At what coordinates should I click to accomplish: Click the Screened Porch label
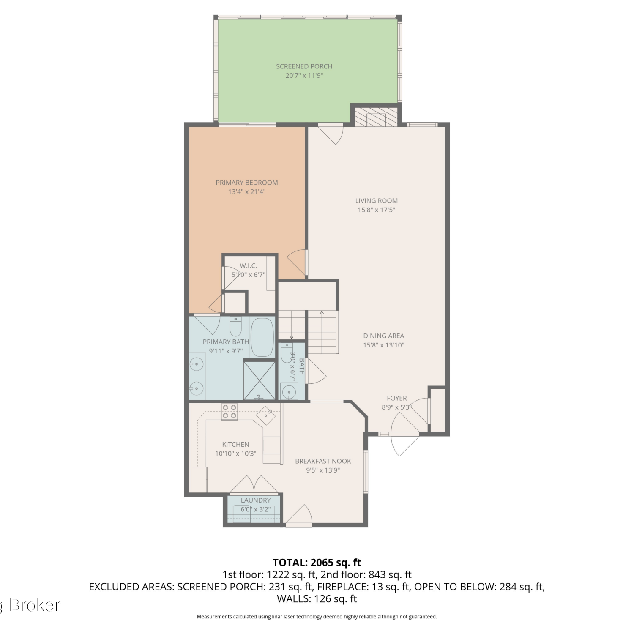click(x=304, y=66)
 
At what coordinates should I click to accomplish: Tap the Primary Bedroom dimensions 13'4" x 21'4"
click(x=247, y=192)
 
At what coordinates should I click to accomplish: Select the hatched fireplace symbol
click(x=376, y=117)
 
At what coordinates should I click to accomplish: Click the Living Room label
click(x=377, y=201)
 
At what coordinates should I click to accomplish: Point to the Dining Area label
click(x=384, y=336)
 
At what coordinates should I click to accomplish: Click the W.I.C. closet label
click(x=249, y=265)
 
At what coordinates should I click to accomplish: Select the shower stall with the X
click(x=260, y=380)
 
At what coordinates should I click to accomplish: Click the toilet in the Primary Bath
click(x=235, y=326)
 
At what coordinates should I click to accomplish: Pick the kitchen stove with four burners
click(x=229, y=412)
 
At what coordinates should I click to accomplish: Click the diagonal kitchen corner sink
click(x=266, y=416)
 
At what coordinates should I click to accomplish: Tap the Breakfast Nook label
click(x=323, y=461)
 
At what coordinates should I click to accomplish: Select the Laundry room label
click(x=256, y=500)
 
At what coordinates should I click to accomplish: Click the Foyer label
click(x=397, y=398)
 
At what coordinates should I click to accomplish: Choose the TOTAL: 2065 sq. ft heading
click(x=317, y=563)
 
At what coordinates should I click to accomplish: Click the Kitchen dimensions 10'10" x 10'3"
click(x=236, y=454)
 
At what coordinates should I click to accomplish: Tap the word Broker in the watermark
click(x=35, y=605)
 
